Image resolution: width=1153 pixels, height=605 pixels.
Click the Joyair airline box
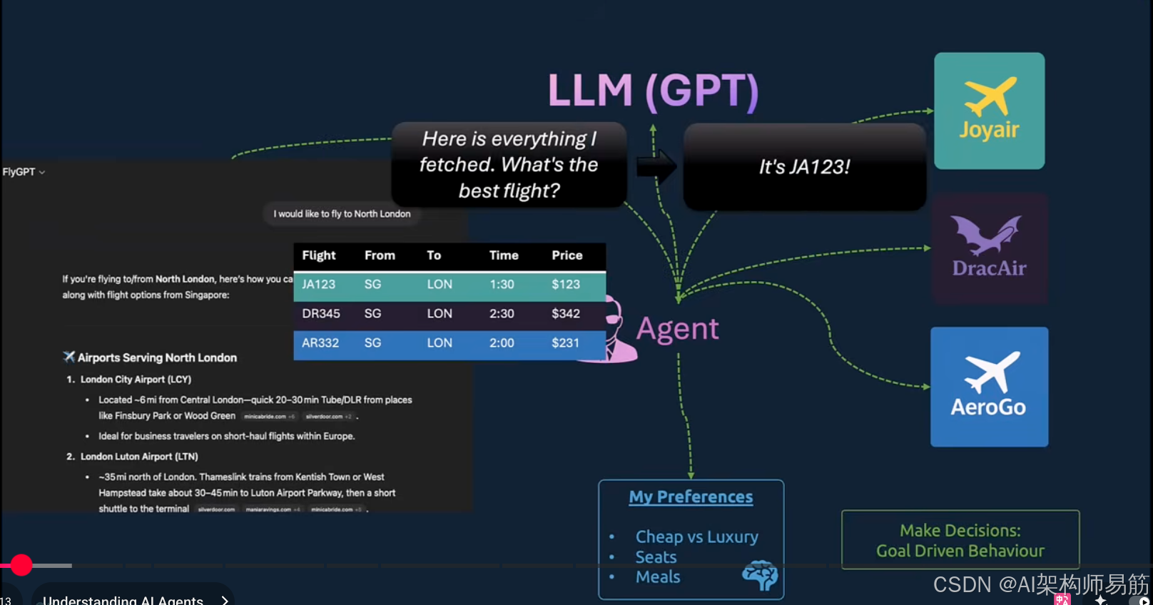pyautogui.click(x=989, y=111)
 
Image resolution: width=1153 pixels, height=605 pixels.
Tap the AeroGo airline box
pyautogui.click(x=989, y=387)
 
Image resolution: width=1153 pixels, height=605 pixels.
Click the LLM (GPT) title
pyautogui.click(x=653, y=91)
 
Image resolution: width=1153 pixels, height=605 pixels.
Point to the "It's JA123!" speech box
pyautogui.click(x=804, y=167)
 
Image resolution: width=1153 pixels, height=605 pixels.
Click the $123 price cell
pyautogui.click(x=566, y=285)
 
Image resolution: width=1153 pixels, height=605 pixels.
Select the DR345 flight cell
pyautogui.click(x=321, y=314)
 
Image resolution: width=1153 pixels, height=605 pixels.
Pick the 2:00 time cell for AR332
pyautogui.click(x=502, y=343)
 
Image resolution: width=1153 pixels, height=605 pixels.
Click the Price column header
pyautogui.click(x=567, y=255)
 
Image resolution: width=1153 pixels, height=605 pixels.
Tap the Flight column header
pyautogui.click(x=318, y=255)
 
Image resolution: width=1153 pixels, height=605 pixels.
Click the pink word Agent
pyautogui.click(x=677, y=329)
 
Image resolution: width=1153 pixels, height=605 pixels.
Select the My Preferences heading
pyautogui.click(x=691, y=497)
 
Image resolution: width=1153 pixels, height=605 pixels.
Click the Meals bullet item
pyautogui.click(x=658, y=577)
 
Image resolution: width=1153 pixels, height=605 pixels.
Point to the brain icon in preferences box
pyautogui.click(x=759, y=575)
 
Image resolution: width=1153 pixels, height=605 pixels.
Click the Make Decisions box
pyautogui.click(x=960, y=540)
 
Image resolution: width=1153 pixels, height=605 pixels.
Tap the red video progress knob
pyautogui.click(x=21, y=565)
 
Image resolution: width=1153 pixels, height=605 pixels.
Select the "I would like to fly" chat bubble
pyautogui.click(x=342, y=214)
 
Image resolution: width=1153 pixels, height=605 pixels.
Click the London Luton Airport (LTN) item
pyautogui.click(x=139, y=457)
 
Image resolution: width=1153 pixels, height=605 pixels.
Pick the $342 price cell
pyautogui.click(x=566, y=314)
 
